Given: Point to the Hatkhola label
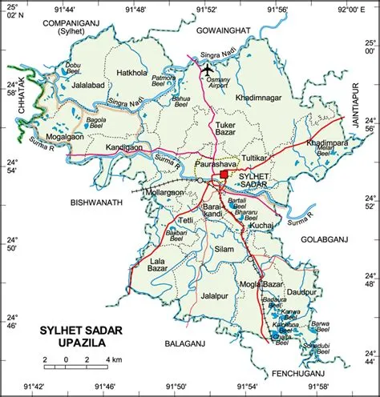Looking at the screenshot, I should coord(132,72).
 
